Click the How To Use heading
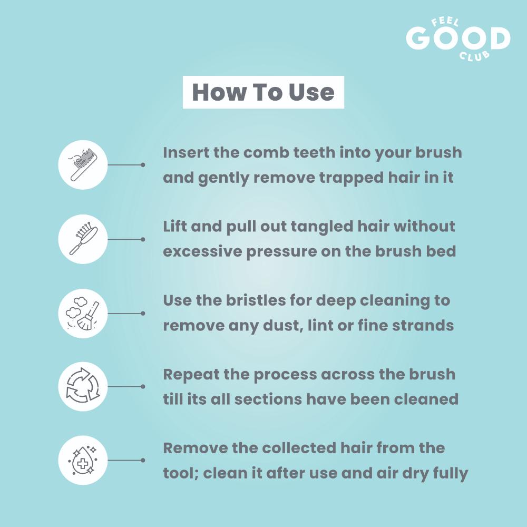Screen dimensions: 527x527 tap(263, 92)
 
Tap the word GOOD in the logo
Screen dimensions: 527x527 tap(458, 37)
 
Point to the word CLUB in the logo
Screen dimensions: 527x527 tap(475, 55)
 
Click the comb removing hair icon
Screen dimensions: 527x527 tap(83, 164)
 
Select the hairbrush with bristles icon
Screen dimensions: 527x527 tap(83, 239)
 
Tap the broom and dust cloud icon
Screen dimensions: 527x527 tap(83, 313)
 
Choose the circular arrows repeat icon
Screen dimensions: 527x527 tap(83, 386)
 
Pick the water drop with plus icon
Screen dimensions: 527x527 tap(83, 460)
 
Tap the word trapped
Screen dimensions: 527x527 tap(351, 178)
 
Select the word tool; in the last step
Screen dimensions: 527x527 tap(181, 473)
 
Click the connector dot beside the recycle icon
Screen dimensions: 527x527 tap(143, 386)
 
